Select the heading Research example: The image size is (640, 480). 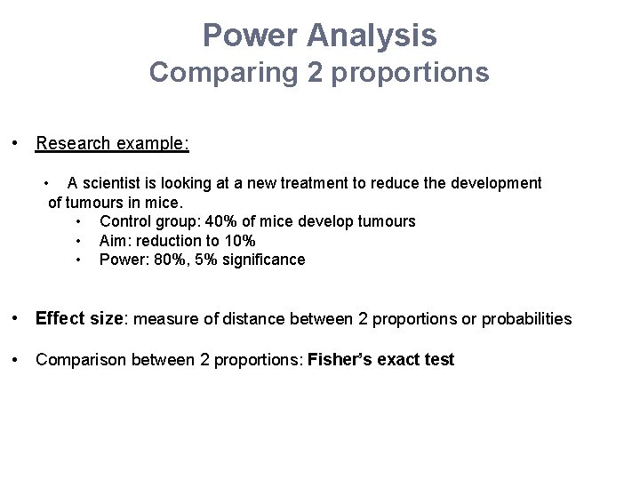coord(112,143)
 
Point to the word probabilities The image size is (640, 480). coord(526,319)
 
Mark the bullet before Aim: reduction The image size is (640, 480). coord(79,241)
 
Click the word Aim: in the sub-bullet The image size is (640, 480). coord(115,241)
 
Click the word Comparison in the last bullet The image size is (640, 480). coord(76,360)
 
